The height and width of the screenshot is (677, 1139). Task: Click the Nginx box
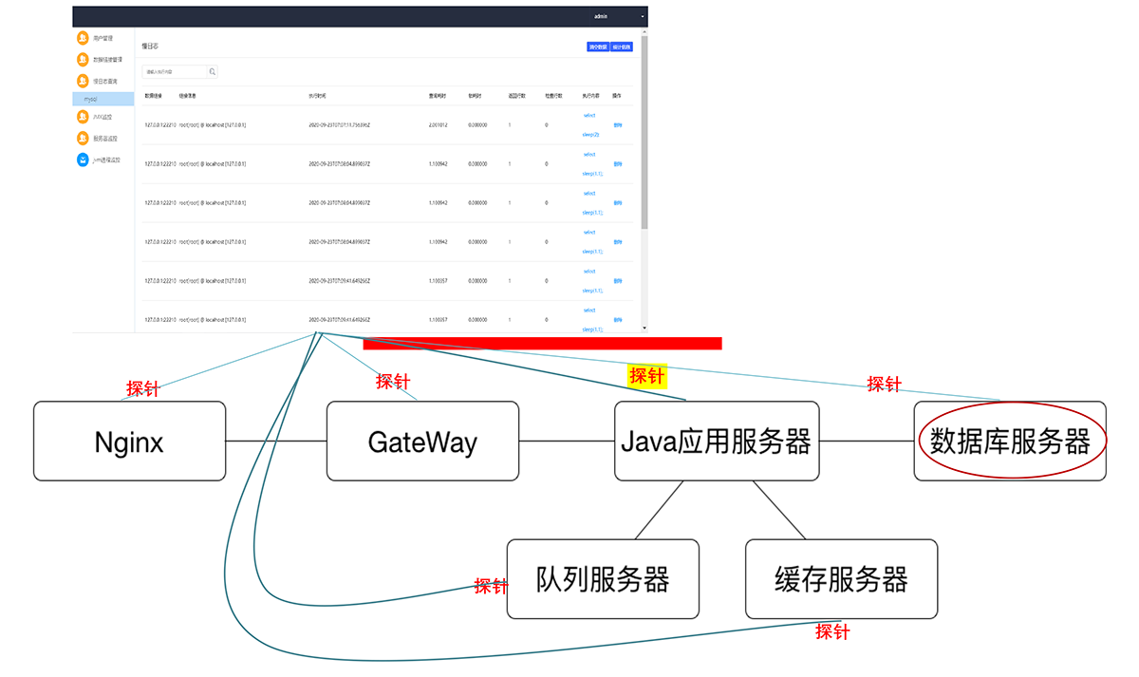[x=129, y=441]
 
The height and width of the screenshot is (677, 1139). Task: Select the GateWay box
[x=422, y=441]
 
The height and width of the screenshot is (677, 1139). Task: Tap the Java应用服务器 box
[x=716, y=441]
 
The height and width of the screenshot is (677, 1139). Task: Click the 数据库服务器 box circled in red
[x=1010, y=441]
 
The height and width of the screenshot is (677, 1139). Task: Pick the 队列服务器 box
[x=603, y=579]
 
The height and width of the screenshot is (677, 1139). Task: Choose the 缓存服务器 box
[x=841, y=579]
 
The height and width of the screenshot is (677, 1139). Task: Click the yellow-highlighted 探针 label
[x=648, y=376]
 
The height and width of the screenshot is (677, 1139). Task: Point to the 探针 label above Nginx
[x=143, y=388]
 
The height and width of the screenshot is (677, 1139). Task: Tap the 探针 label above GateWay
[x=393, y=382]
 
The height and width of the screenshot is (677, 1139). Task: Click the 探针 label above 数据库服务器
[x=884, y=385]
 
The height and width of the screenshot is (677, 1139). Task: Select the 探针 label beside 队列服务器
[x=491, y=586]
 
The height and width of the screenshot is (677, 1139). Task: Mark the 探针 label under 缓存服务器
[x=832, y=631]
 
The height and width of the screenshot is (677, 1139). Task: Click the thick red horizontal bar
[x=542, y=343]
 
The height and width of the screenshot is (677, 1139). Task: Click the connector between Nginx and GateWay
[x=276, y=441]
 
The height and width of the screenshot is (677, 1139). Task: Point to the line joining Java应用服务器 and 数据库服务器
[x=866, y=441]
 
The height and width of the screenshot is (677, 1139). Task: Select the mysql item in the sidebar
[x=92, y=98]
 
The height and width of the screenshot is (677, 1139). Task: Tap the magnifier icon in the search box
[x=213, y=71]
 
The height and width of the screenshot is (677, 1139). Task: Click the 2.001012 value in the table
[x=439, y=124]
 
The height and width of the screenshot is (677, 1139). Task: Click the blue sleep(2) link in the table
[x=590, y=134]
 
